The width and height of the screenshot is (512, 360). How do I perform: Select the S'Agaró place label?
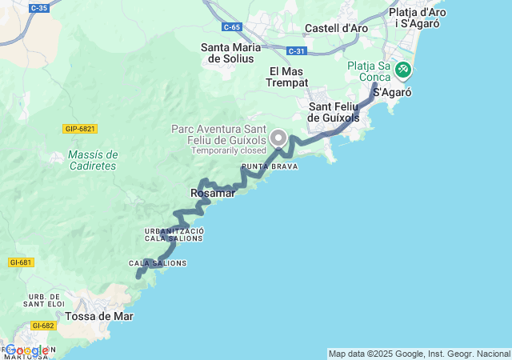[392, 93]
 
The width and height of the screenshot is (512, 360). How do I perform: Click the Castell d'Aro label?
[337, 28]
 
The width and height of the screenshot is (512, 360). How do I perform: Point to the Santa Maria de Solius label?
[230, 53]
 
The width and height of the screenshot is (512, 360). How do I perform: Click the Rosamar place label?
[212, 193]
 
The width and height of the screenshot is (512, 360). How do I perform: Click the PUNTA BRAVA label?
[270, 167]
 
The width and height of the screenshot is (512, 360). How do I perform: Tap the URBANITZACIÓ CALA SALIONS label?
[174, 234]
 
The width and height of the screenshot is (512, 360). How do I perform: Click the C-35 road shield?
[38, 8]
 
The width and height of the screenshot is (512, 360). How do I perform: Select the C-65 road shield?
[232, 27]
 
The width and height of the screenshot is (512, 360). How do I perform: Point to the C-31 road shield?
[297, 51]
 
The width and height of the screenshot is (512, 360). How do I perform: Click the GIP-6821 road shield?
[80, 129]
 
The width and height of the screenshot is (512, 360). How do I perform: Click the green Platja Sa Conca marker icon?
[402, 70]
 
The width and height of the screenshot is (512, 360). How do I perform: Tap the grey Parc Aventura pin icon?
[278, 137]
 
